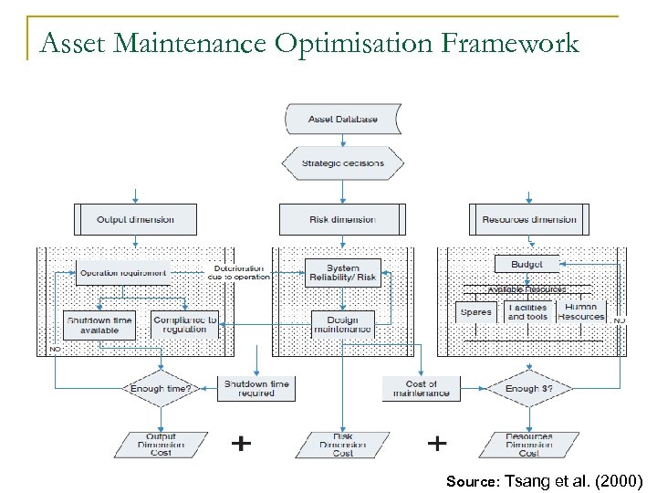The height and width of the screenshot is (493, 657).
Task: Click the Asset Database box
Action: (x=343, y=119)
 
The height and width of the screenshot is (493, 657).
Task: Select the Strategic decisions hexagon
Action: (x=343, y=163)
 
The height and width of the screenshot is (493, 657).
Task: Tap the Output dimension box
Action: (x=135, y=219)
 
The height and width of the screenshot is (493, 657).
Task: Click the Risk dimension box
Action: (x=342, y=219)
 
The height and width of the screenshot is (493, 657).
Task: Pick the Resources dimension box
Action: (x=529, y=219)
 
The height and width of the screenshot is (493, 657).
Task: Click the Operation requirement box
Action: (x=123, y=272)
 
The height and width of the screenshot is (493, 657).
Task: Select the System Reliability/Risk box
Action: (x=342, y=272)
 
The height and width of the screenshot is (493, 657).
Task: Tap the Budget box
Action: (x=527, y=264)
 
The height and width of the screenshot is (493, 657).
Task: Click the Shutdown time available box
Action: (x=99, y=325)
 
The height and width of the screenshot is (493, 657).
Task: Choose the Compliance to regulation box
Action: (x=185, y=325)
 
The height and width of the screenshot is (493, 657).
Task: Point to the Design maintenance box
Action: (x=342, y=325)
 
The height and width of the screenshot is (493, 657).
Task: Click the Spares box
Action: (x=476, y=311)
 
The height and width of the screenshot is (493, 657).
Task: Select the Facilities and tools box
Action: (x=527, y=311)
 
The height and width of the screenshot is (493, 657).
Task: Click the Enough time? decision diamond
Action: (x=160, y=388)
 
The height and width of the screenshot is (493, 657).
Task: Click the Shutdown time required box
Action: (x=255, y=388)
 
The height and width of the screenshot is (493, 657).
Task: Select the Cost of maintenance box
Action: (x=421, y=388)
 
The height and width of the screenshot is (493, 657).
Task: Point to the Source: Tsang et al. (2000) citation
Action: (x=545, y=480)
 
